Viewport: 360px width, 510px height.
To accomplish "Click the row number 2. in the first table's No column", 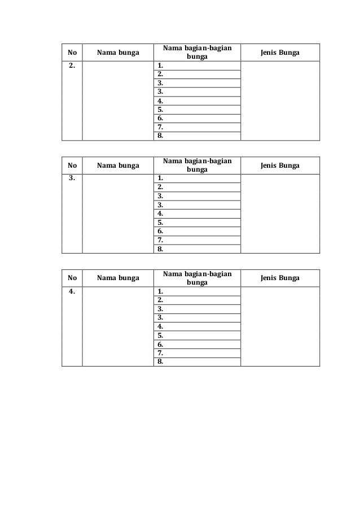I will [x=71, y=66].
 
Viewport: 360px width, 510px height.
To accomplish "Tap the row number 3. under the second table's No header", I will [x=71, y=178].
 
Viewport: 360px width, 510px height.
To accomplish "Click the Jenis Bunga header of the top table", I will [x=280, y=53].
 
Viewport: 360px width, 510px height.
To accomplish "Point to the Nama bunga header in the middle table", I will [x=118, y=166].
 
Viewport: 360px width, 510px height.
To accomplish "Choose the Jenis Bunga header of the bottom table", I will [x=280, y=278].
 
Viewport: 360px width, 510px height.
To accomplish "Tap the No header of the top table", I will [x=72, y=53].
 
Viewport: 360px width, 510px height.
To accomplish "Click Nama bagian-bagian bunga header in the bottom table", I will [x=197, y=278].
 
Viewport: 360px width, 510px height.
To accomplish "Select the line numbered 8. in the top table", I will [x=161, y=136].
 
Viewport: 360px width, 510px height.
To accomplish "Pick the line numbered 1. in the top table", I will [x=161, y=66].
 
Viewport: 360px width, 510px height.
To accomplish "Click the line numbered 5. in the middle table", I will [x=161, y=223].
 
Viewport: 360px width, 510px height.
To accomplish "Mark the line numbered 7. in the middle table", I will [x=161, y=240].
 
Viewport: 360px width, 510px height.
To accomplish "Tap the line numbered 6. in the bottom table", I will [x=161, y=344].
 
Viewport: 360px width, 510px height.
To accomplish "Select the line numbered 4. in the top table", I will [x=161, y=101].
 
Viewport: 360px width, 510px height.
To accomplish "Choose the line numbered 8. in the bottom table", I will [x=161, y=362].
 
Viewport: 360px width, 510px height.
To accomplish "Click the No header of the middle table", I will [x=72, y=166].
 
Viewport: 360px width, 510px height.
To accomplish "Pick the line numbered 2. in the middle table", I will [x=161, y=187].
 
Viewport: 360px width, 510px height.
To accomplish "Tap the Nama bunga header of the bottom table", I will [x=118, y=278].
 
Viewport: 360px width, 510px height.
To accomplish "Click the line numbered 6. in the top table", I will [x=161, y=119].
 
